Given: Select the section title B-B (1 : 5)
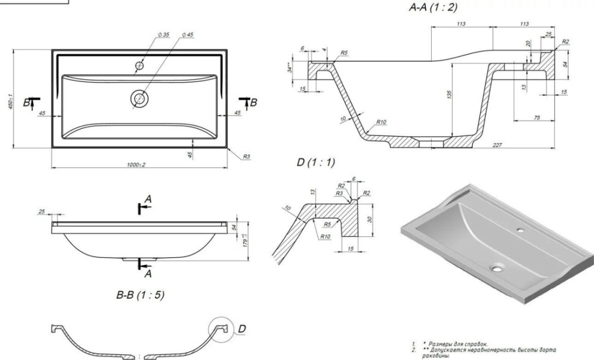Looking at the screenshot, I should (x=140, y=296).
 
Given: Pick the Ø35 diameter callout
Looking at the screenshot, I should (x=164, y=35).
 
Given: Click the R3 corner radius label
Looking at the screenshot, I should (x=246, y=157).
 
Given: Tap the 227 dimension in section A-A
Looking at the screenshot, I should (x=497, y=145).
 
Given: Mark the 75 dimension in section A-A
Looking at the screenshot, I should (x=536, y=117).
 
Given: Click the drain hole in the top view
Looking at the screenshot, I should (x=140, y=98).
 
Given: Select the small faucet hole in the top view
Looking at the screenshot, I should (x=140, y=65).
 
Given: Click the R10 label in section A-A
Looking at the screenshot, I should (x=381, y=121).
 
